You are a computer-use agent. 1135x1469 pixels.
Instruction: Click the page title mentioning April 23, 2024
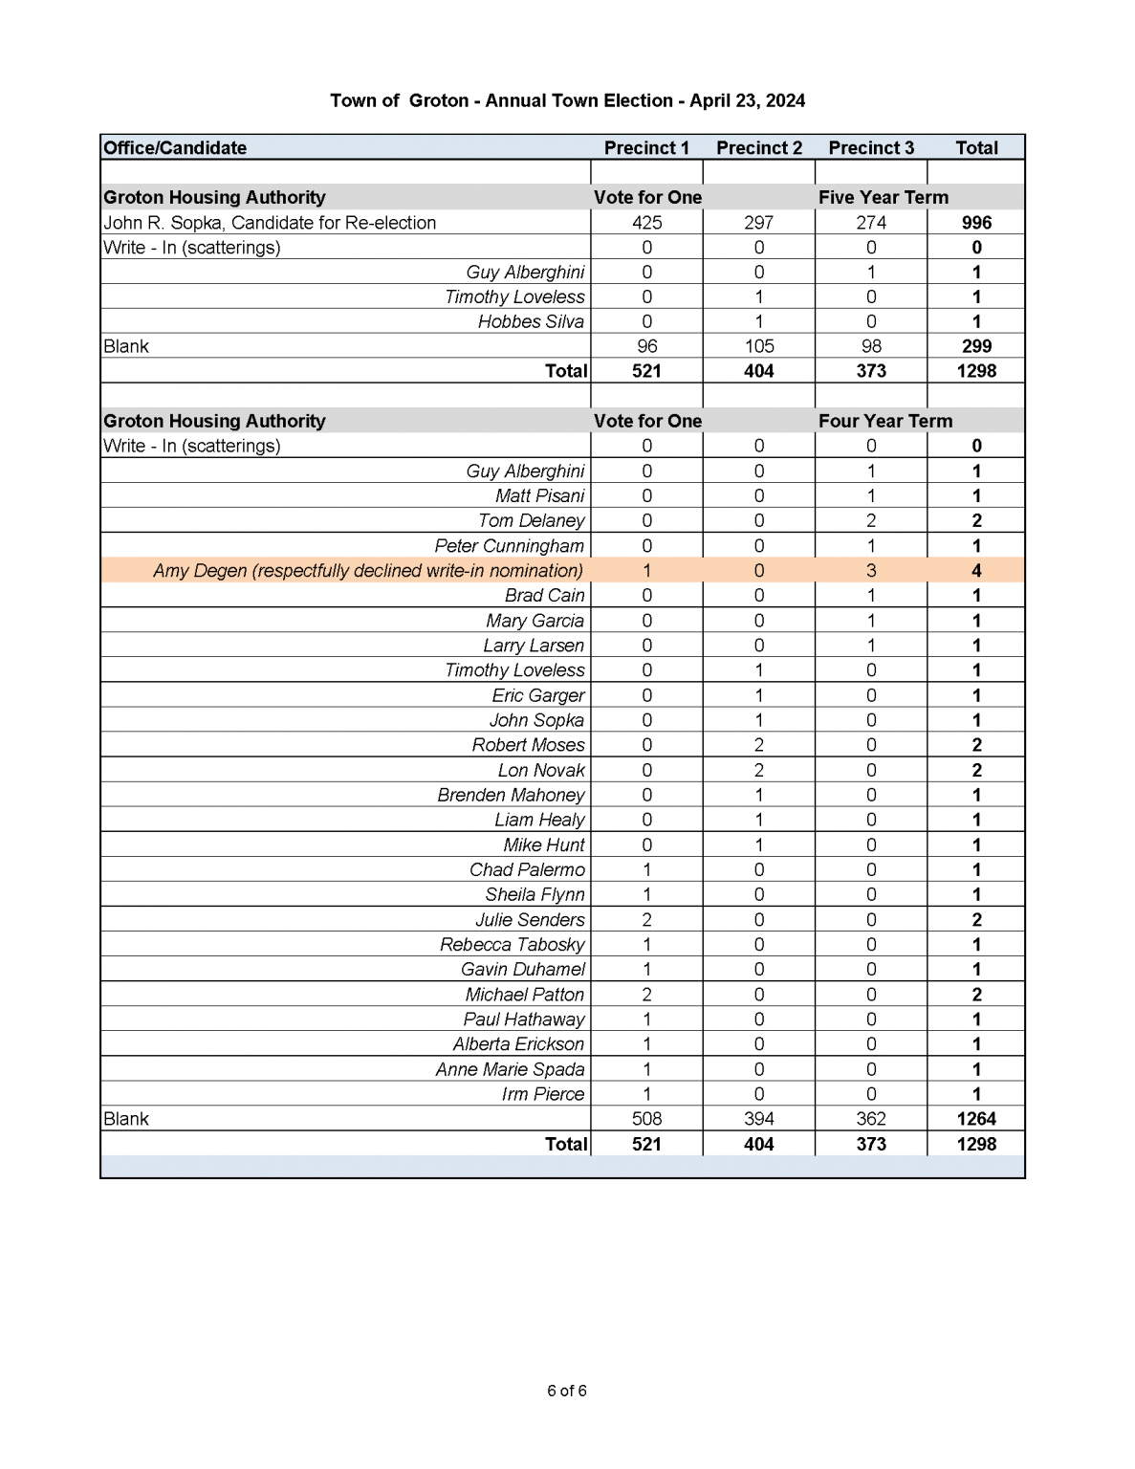567,100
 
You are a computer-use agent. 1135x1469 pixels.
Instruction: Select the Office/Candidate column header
175,147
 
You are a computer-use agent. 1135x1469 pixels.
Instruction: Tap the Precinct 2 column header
758,147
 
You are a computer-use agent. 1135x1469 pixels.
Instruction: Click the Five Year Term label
883,197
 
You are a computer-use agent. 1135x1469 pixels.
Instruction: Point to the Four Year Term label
884,421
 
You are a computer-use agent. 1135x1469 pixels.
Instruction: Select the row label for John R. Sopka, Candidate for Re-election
270,223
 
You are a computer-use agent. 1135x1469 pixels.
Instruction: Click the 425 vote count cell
646,223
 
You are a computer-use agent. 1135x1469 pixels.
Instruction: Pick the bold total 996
976,223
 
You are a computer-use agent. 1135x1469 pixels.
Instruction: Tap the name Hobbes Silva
531,322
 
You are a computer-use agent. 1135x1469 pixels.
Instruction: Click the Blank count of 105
758,346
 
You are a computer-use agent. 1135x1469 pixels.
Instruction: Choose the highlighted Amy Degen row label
368,571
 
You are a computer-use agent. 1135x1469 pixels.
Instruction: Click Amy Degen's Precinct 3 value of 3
870,571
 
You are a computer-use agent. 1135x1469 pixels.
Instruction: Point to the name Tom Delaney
531,521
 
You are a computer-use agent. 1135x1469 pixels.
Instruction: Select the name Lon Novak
540,771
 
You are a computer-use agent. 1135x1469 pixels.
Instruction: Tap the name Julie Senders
530,920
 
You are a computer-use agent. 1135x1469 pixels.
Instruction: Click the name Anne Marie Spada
510,1069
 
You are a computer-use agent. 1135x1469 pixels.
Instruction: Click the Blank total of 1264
976,1119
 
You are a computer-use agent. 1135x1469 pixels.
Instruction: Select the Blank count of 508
646,1119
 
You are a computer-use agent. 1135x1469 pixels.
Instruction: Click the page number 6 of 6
567,1391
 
